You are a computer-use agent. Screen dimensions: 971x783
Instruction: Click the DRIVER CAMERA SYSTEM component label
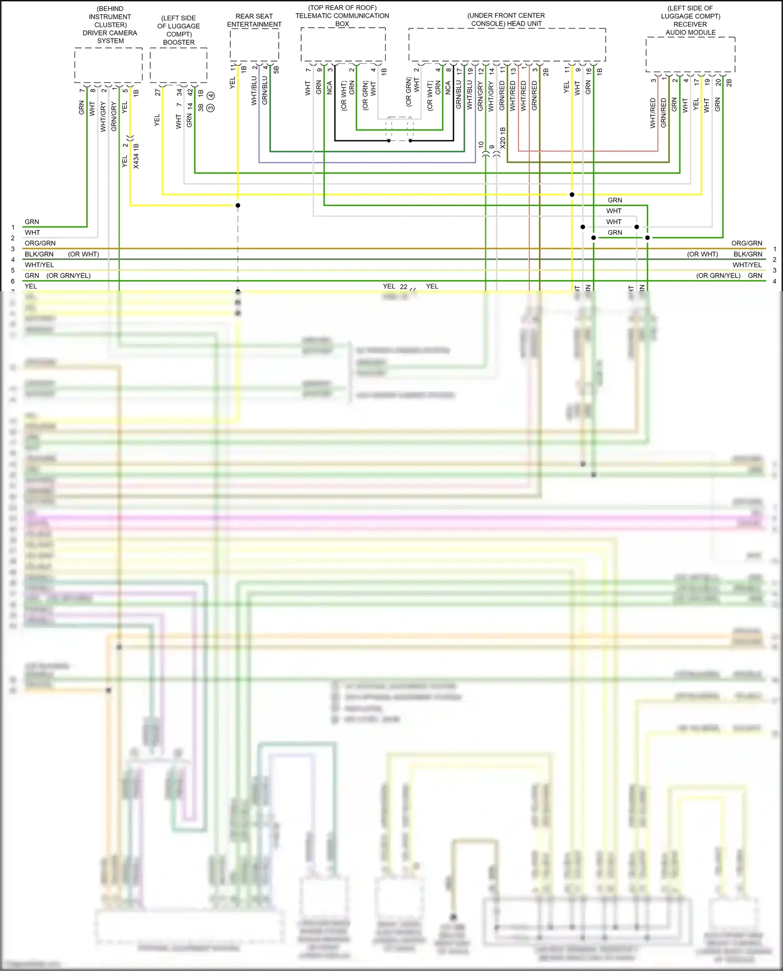coord(110,37)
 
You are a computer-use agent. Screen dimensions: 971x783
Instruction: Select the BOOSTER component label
coord(179,42)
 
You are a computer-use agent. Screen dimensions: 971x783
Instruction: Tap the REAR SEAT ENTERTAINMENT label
coord(254,20)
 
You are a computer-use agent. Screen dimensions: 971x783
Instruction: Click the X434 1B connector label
coord(136,156)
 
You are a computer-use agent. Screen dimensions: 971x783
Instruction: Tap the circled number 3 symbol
coord(210,107)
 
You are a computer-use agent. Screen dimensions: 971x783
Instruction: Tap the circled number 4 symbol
coord(210,95)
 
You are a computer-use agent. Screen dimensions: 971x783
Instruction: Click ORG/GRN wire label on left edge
coord(40,243)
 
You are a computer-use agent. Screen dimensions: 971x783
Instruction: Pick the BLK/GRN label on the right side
coord(748,254)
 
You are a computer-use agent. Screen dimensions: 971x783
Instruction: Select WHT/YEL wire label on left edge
coord(39,265)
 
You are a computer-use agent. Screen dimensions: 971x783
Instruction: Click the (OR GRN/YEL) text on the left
coord(68,275)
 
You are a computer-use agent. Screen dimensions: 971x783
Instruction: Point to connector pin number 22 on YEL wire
coord(404,286)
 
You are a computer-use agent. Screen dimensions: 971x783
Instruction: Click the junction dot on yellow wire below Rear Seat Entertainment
coord(238,205)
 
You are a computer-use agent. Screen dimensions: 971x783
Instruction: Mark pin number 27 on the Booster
coord(158,92)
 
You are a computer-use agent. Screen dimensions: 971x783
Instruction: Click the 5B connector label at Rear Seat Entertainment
coord(276,69)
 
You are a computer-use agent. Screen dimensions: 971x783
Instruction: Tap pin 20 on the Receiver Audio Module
coord(718,82)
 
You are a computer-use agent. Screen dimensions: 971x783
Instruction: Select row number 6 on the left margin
coord(13,281)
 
